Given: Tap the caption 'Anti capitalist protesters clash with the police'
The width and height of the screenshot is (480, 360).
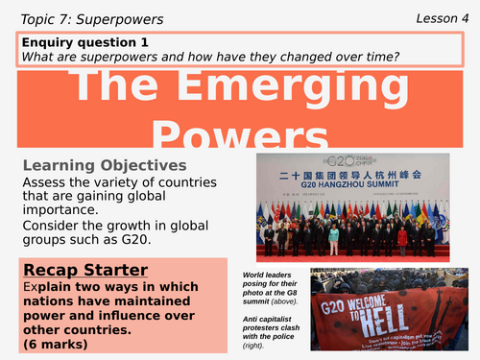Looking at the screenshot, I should click(275, 337).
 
